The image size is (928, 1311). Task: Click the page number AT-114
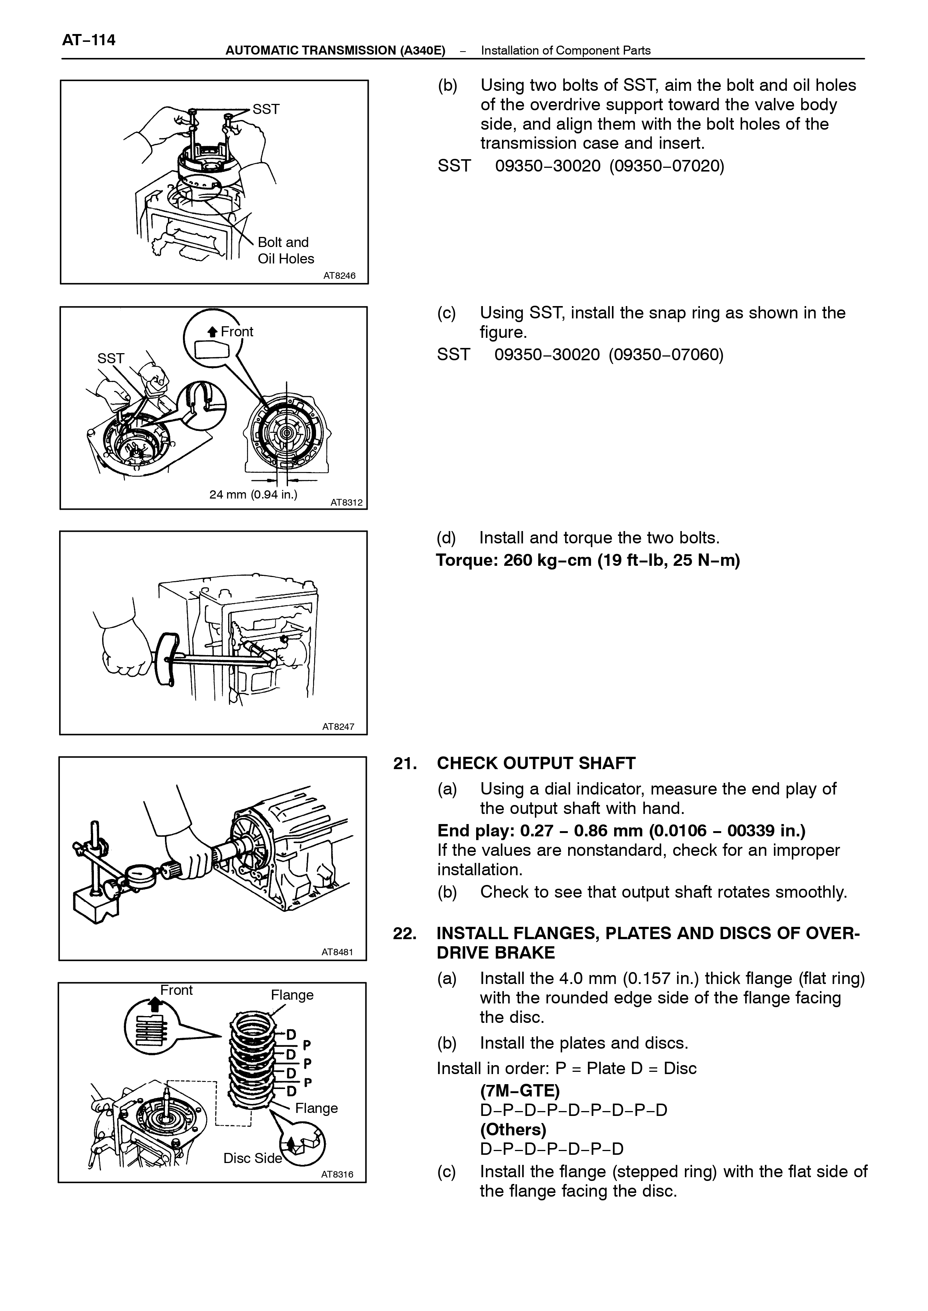(89, 40)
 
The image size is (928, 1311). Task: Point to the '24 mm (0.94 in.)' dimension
(253, 494)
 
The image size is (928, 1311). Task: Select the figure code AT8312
(347, 503)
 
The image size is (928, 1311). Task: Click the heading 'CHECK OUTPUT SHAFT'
(536, 764)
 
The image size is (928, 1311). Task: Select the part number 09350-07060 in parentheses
(666, 355)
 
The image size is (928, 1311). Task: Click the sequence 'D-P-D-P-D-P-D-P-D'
(574, 1110)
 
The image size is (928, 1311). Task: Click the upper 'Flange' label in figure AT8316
(292, 995)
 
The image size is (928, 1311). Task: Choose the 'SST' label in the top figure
(266, 109)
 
